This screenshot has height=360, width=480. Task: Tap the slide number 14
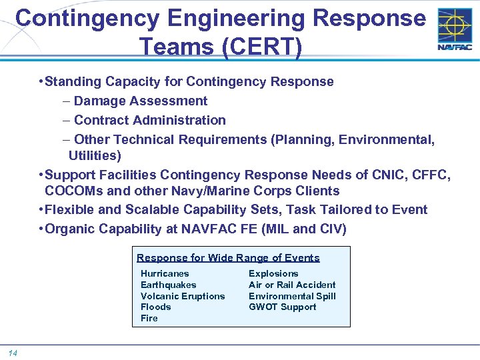13,352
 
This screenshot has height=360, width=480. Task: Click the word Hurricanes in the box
165,273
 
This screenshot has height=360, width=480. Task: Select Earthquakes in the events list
168,285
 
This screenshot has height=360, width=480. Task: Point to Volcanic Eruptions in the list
183,296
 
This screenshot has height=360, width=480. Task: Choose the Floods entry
155,307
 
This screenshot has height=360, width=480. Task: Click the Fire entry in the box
149,318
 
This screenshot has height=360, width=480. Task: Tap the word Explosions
273,273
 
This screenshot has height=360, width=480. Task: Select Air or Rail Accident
292,285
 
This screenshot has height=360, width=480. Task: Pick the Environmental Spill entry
292,296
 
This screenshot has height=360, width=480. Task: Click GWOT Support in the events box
282,307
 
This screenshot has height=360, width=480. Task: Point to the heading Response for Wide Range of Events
228,257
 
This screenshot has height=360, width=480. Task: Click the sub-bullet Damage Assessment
141,101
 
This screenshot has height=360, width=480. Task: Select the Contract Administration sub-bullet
150,120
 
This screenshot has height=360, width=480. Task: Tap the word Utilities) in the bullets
95,155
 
